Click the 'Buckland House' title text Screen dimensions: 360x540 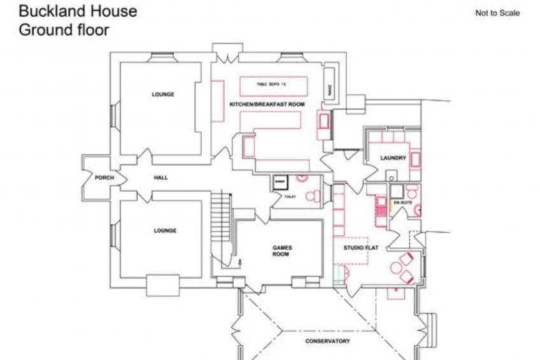(77, 11)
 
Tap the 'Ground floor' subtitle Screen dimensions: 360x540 (64, 29)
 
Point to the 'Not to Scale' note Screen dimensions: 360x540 (497, 13)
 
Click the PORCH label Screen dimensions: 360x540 (104, 178)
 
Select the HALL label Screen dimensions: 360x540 (160, 178)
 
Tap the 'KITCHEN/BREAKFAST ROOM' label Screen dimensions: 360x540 (267, 104)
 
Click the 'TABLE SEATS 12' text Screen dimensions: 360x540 (273, 84)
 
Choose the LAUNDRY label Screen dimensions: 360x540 (392, 158)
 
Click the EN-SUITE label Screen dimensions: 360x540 (402, 202)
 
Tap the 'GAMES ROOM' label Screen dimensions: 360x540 (281, 250)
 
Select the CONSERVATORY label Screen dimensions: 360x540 (327, 342)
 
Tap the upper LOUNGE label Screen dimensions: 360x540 (162, 94)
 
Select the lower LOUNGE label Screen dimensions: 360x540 (164, 231)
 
